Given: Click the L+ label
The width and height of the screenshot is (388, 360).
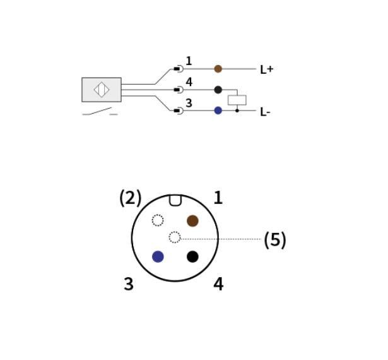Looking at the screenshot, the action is pos(266,69).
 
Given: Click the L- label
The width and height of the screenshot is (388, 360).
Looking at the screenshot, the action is pos(265,112).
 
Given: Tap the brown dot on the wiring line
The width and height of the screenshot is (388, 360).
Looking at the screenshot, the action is pos(218,69).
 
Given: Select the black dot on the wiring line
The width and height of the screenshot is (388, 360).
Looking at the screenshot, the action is pos(218,90).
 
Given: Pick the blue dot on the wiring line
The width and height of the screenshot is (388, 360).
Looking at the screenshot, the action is pos(218,111).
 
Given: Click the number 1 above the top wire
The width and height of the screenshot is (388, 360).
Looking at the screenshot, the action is pos(189,61).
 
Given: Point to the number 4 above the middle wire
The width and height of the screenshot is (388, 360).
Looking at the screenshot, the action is pos(189,82).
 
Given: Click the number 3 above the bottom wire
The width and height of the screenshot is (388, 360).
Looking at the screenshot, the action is pos(189,103).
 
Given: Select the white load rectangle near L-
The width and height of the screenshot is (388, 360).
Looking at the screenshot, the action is pos(237,100).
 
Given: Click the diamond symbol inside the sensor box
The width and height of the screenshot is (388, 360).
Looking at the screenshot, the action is pos(102,90).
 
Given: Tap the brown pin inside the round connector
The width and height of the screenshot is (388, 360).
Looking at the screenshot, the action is pos(192,221).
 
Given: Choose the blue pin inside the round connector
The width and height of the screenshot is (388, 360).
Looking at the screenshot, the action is pos(158,256).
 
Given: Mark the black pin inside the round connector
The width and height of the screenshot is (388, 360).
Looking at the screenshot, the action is pos(192,256).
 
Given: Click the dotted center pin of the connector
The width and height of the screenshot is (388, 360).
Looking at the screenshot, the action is pos(175,237).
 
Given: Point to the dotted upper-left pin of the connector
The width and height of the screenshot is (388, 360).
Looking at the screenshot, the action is pos(158,220).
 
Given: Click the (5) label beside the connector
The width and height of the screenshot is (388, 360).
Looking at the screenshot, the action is pos(275,240).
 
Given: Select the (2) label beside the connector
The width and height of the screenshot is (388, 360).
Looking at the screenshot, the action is pos(131,198).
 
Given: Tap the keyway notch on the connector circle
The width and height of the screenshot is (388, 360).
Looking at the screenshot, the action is pos(175,201).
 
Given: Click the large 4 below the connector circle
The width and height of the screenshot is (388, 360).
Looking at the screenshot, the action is pos(218,284).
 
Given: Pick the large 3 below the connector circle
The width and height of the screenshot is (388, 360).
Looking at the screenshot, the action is pos(129,284).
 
